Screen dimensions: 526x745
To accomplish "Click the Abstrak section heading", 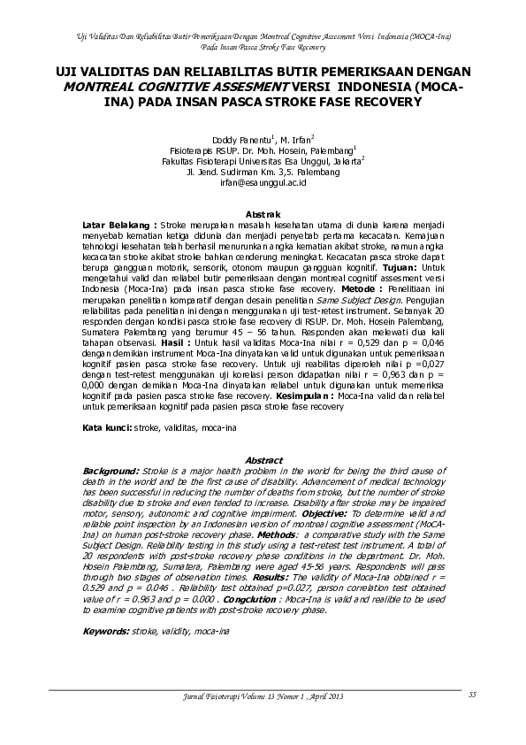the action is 263,214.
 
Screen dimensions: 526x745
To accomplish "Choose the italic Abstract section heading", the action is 263,460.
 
